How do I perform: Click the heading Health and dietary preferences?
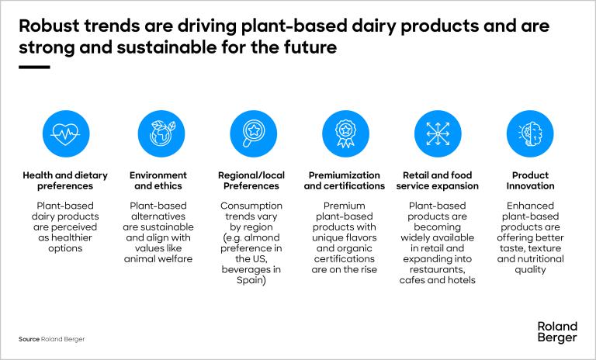click(65, 181)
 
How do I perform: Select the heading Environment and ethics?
click(158, 181)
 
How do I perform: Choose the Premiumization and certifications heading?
click(344, 181)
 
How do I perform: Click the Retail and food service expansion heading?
click(438, 181)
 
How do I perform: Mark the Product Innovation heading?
click(530, 181)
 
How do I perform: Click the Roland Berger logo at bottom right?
click(556, 332)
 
